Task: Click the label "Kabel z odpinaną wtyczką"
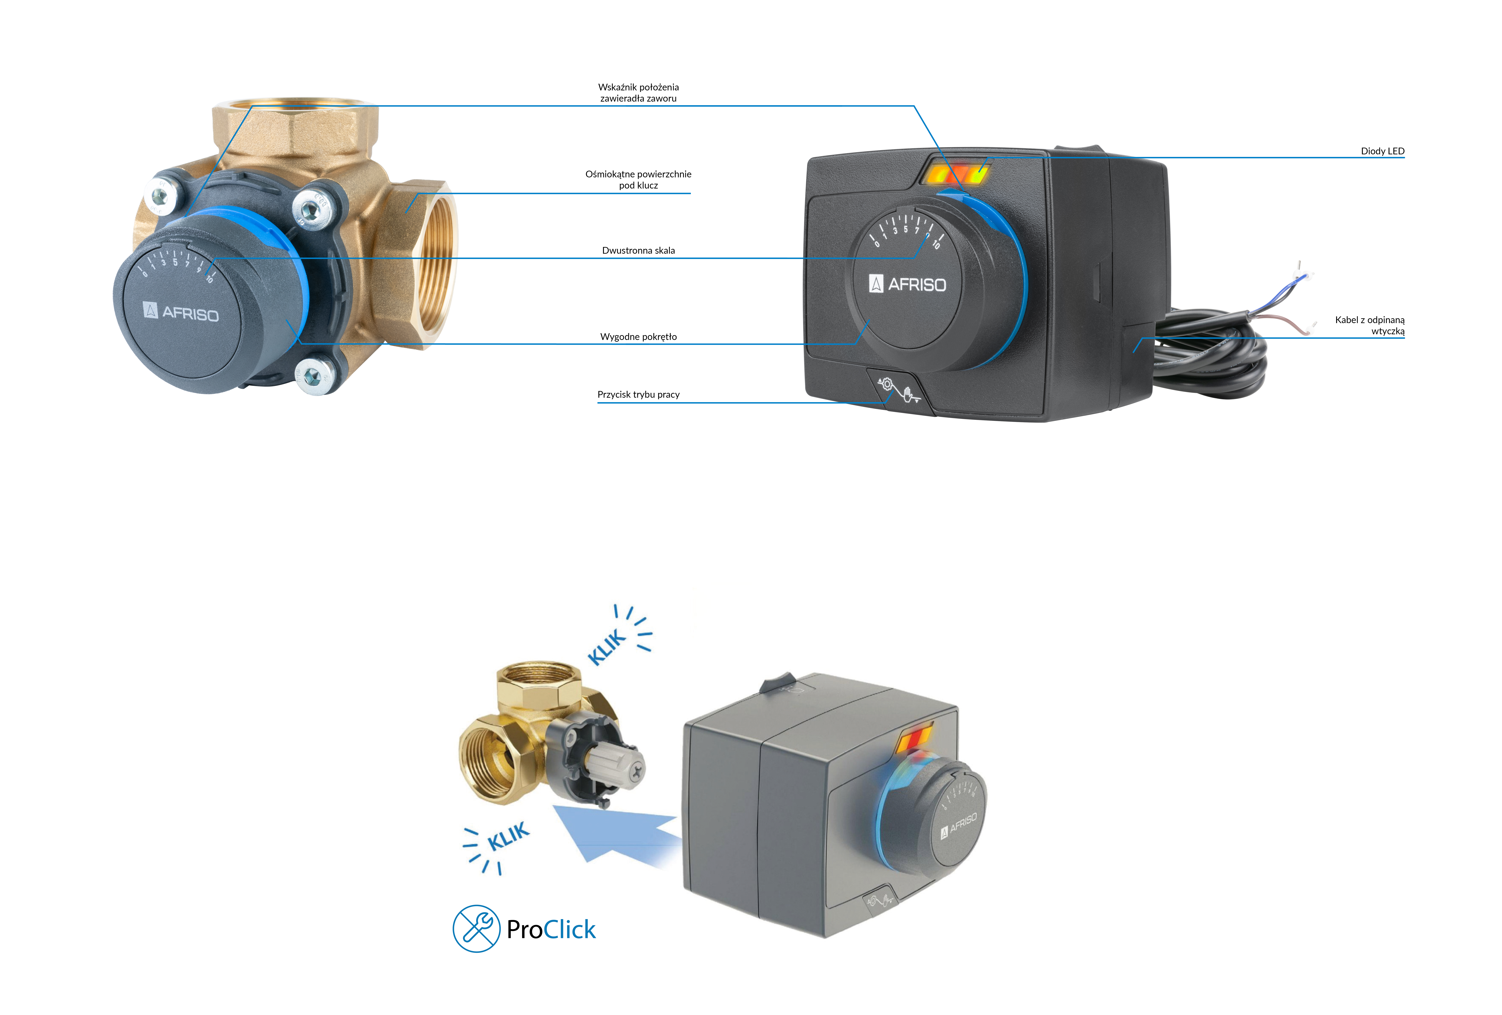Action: pos(1370,325)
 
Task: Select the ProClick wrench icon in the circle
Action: pos(476,928)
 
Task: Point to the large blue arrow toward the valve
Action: pos(617,834)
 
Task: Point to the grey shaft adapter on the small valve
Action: pos(615,768)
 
